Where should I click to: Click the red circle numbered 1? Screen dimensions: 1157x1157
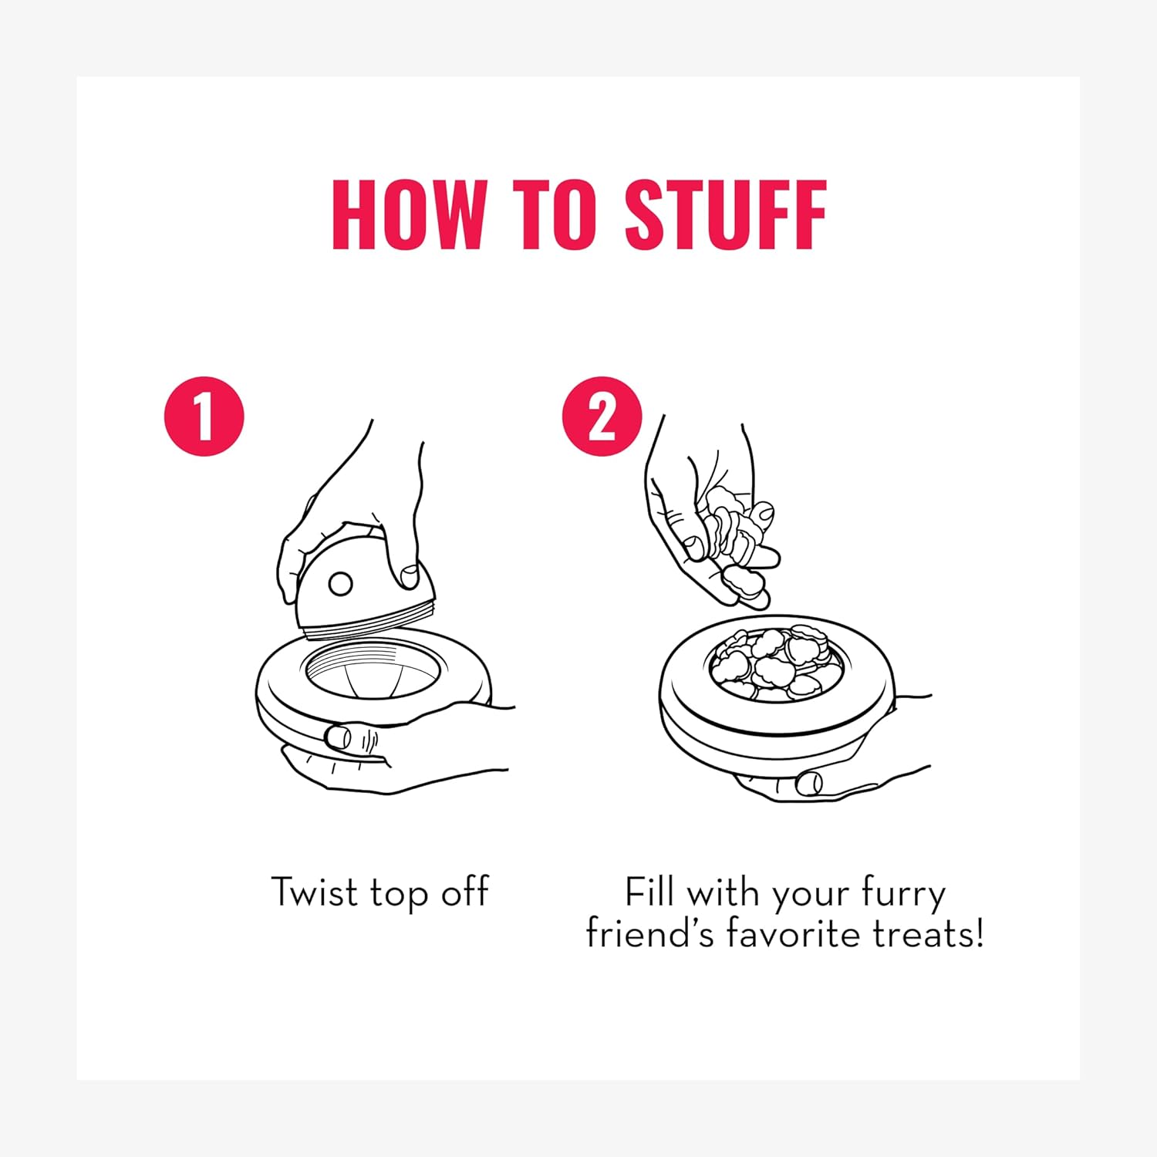204,417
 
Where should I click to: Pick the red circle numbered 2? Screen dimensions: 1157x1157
602,417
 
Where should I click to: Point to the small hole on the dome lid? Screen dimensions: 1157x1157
340,584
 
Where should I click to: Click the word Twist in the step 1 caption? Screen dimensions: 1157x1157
315,892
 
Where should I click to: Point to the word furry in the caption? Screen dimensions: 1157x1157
903,895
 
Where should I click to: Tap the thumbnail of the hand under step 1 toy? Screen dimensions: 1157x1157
338,736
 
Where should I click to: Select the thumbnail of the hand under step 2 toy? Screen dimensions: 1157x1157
809,782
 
